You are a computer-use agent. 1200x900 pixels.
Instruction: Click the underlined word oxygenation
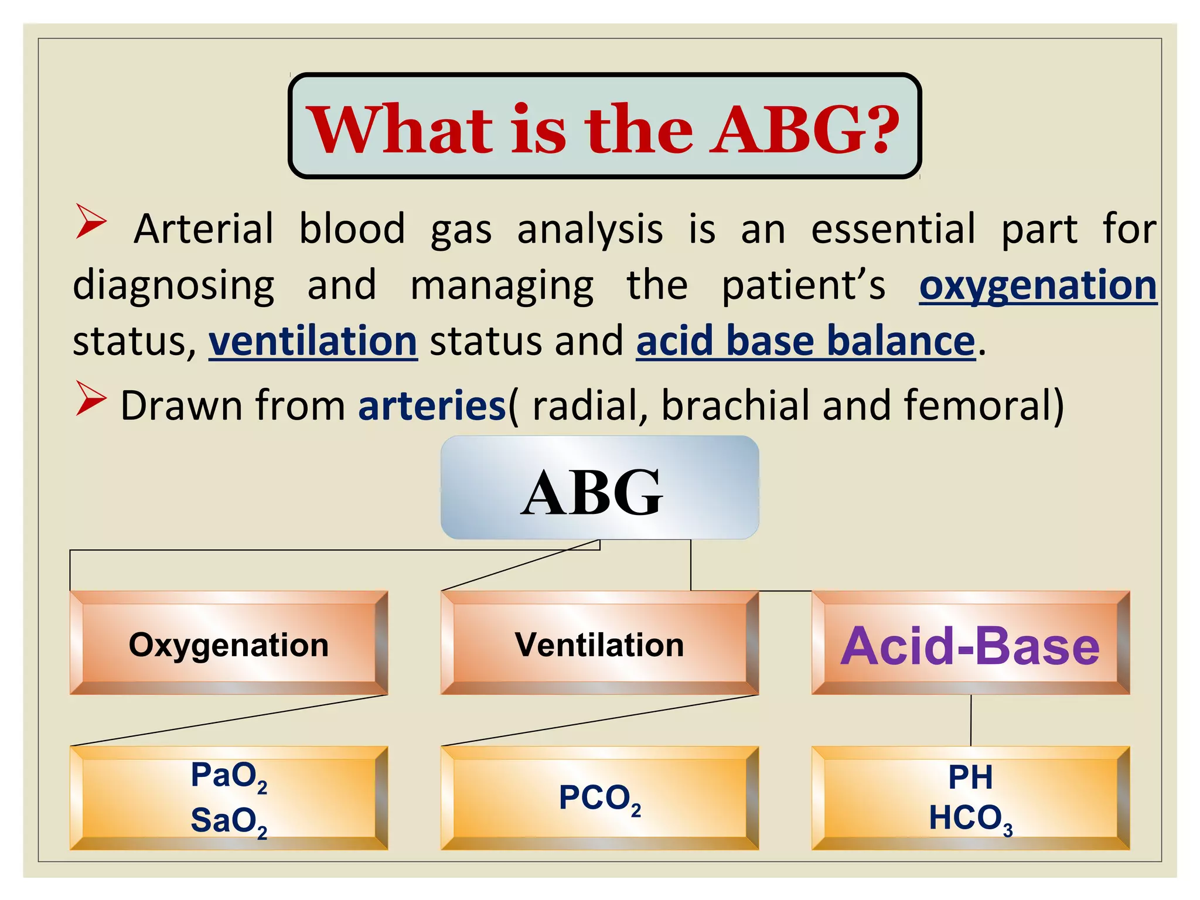tap(1038, 286)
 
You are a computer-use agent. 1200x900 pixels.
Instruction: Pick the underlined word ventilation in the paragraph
tap(313, 342)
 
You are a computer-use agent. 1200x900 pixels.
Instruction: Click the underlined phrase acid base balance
tap(806, 342)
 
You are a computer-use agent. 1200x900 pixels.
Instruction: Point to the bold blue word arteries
tap(432, 405)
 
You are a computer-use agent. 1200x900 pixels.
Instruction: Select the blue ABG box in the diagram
tap(599, 487)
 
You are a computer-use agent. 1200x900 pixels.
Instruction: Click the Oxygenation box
tap(229, 643)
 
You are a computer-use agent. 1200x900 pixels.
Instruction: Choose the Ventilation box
tap(599, 643)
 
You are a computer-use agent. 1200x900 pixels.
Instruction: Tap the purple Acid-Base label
tap(970, 646)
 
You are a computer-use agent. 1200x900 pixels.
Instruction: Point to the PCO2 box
tap(599, 798)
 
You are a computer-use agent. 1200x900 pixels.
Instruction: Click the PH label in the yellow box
tap(970, 778)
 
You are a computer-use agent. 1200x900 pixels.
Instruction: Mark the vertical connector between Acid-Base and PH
tap(971, 720)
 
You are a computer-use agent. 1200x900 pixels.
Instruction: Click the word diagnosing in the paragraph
tap(173, 286)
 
